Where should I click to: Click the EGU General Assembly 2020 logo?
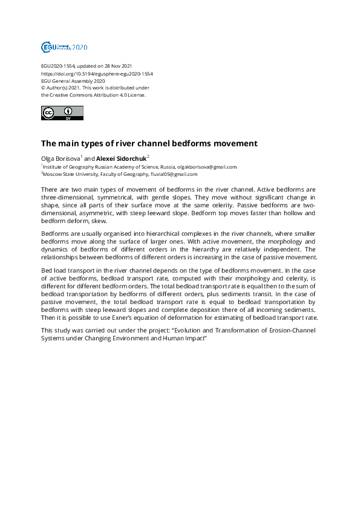(64, 47)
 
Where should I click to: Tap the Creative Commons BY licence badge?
(62, 113)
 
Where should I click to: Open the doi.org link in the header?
(97, 73)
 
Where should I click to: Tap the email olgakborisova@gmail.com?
(207, 166)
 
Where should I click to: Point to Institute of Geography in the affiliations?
(65, 166)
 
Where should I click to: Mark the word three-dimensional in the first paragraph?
(65, 198)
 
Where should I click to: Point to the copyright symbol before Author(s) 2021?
(43, 88)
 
